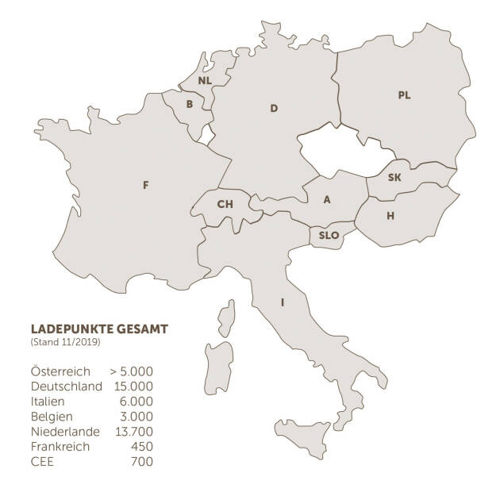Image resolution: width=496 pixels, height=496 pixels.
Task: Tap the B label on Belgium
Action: (x=189, y=104)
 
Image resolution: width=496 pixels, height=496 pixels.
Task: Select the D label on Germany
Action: (x=274, y=108)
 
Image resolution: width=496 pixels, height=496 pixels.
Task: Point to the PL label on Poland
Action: (x=404, y=95)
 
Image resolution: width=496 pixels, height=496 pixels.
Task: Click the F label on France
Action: (x=145, y=185)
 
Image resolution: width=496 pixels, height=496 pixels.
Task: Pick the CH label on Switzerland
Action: (x=225, y=204)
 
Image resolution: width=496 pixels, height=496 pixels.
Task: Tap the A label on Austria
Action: (x=326, y=200)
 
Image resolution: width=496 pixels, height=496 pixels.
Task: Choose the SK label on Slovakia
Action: (x=394, y=177)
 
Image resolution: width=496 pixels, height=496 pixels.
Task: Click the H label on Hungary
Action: (x=390, y=216)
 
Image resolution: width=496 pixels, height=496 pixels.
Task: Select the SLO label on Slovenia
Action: (x=329, y=236)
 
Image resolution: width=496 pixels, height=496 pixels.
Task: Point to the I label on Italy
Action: (x=282, y=302)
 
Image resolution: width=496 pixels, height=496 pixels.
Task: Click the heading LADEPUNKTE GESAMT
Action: (x=98, y=329)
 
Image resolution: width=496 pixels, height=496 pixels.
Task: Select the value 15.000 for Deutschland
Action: (x=131, y=386)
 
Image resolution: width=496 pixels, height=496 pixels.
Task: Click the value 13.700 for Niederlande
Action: (x=131, y=431)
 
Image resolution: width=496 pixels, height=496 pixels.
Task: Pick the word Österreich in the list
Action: (x=60, y=371)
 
